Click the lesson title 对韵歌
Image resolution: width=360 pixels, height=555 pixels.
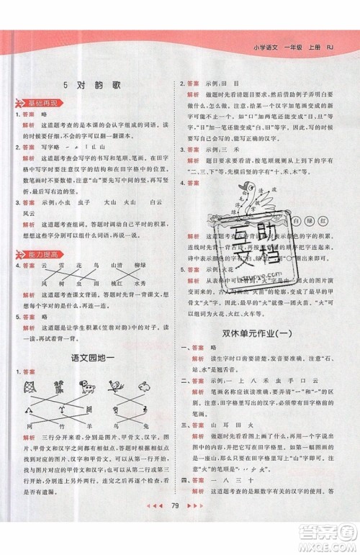94,84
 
